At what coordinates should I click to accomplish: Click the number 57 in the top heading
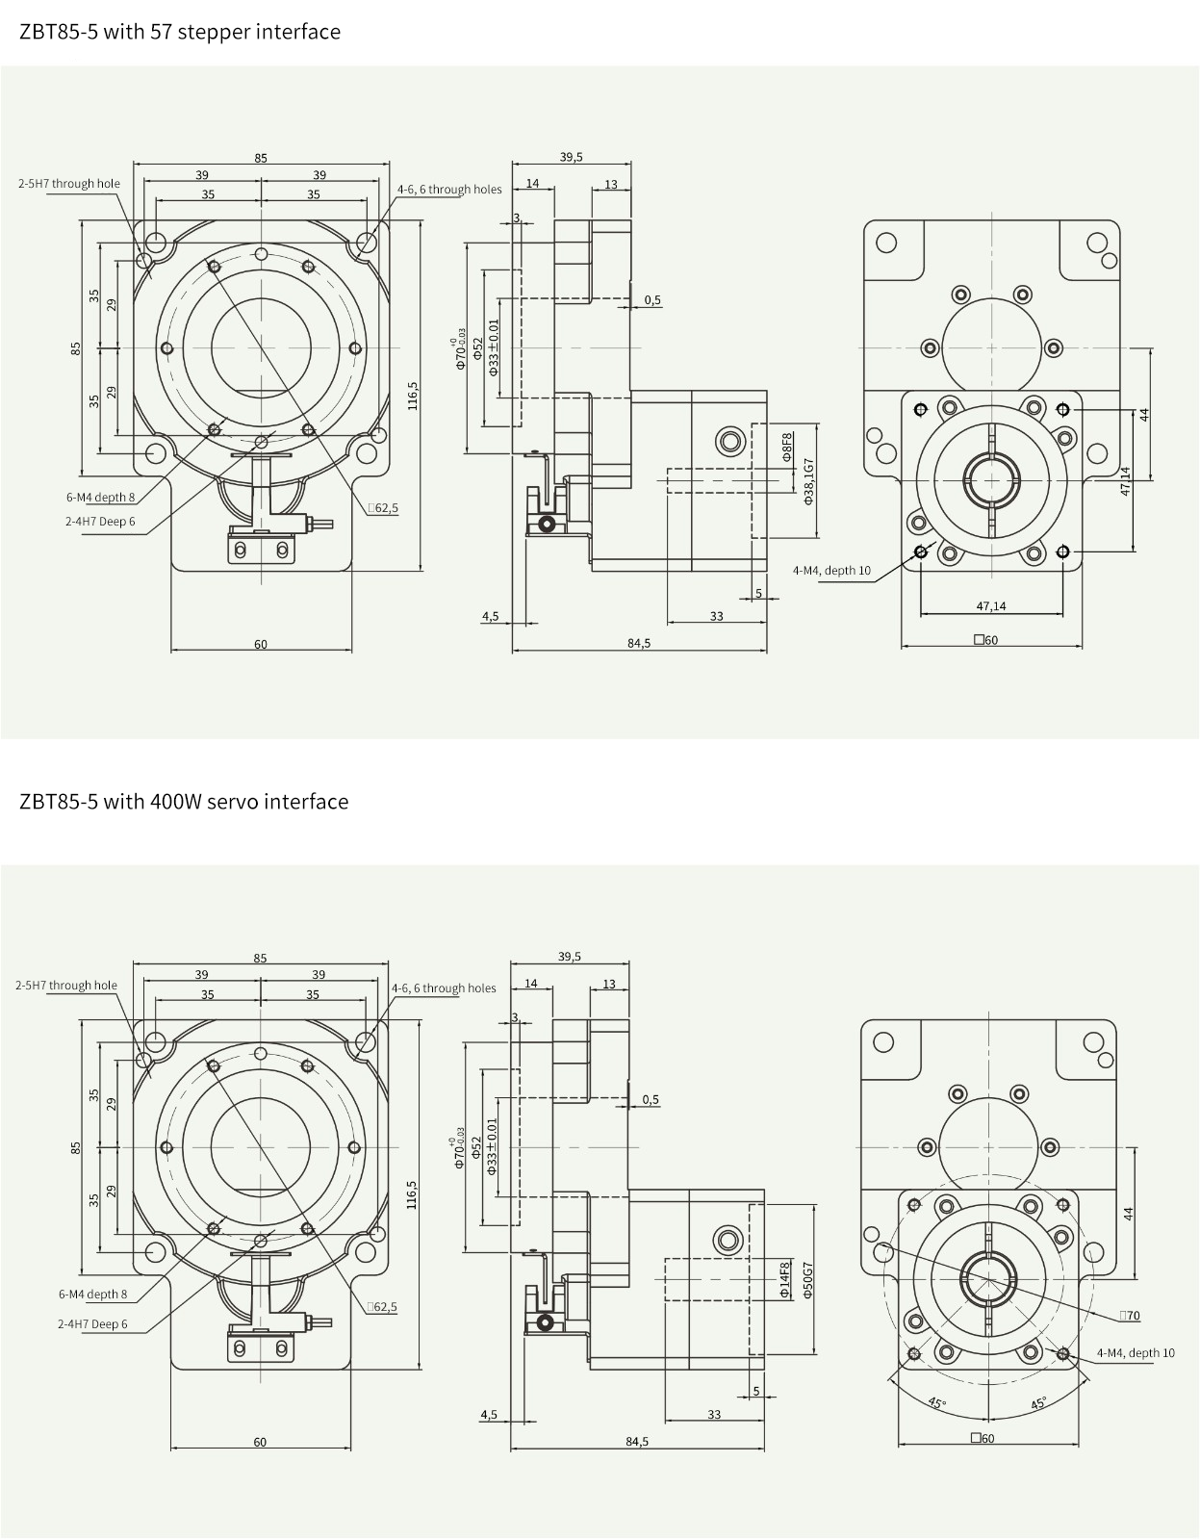tap(160, 32)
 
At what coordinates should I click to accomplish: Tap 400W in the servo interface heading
tap(176, 801)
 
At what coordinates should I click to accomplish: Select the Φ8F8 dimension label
tap(787, 447)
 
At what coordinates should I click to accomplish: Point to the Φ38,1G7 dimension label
tap(809, 481)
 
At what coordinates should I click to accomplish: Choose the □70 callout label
tap(1130, 1315)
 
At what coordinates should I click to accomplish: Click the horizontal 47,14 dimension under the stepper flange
tap(991, 605)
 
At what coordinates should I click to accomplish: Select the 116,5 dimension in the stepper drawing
tap(413, 396)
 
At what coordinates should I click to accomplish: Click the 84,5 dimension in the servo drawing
tap(637, 1441)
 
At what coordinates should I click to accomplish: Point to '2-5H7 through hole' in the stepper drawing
tap(69, 184)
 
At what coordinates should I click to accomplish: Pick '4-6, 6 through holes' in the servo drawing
tap(444, 988)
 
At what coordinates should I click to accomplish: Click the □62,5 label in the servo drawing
tap(382, 1307)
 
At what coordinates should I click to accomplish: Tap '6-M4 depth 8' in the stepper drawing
tap(100, 498)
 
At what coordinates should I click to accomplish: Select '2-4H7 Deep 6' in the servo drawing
tap(92, 1323)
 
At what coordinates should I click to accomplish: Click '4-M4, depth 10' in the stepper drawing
tap(831, 570)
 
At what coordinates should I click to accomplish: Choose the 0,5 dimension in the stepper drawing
tap(652, 300)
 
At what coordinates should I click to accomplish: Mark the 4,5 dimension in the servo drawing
tap(489, 1414)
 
